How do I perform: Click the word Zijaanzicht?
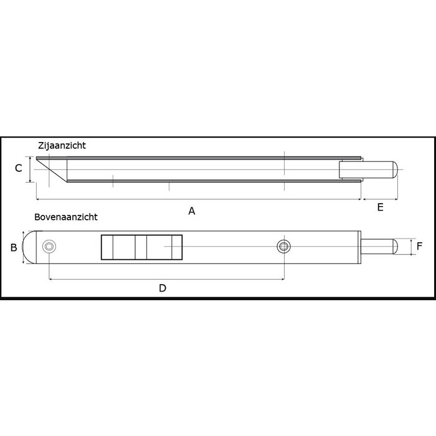tap(61, 145)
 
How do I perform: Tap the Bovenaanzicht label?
tap(66, 218)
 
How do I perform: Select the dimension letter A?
tap(192, 211)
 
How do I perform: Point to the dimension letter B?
tap(14, 247)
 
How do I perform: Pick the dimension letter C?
tap(19, 168)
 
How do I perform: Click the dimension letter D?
tap(163, 288)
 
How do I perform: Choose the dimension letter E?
tap(380, 208)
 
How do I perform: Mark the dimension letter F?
tap(419, 247)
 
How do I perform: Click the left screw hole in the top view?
tap(48, 247)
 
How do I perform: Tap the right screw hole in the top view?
tap(283, 247)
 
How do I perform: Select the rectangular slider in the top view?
tap(141, 247)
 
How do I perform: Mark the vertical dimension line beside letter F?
tap(410, 247)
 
